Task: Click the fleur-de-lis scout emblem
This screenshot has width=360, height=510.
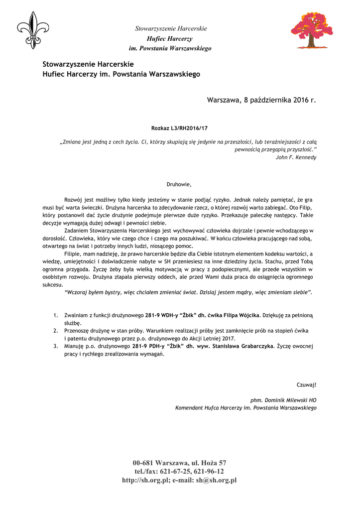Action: click(33, 30)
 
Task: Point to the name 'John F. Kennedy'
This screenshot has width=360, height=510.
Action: click(296, 157)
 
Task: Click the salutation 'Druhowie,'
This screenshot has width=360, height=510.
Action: click(179, 184)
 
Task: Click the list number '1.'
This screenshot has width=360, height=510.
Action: click(56, 316)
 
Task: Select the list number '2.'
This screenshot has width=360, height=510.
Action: click(56, 330)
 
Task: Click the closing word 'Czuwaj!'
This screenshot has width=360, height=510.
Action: click(306, 384)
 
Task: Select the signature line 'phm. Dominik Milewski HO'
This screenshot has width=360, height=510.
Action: click(283, 400)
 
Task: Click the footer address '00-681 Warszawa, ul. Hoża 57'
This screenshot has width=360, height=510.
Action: click(180, 463)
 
